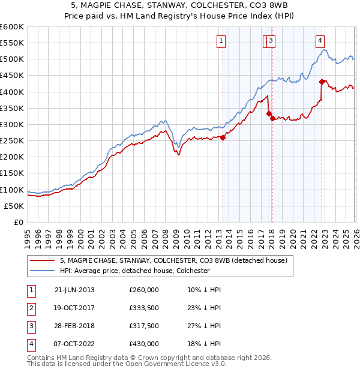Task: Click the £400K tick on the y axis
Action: (11, 92)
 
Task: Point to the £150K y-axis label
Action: (11, 173)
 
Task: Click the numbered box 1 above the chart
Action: (221, 41)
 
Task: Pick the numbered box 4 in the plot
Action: (320, 41)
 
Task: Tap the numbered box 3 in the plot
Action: (271, 41)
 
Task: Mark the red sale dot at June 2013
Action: (223, 137)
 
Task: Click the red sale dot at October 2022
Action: (322, 82)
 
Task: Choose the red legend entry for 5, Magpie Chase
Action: (173, 260)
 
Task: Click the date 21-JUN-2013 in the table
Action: (74, 290)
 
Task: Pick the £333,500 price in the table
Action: (144, 308)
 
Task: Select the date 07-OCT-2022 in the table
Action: (74, 344)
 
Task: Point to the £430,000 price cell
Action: (144, 344)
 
